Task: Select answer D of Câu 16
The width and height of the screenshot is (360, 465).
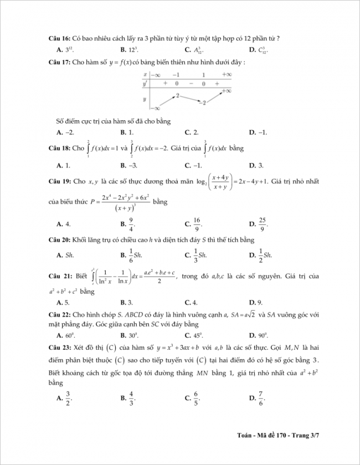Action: [259, 50]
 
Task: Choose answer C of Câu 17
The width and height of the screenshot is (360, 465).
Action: [192, 132]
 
